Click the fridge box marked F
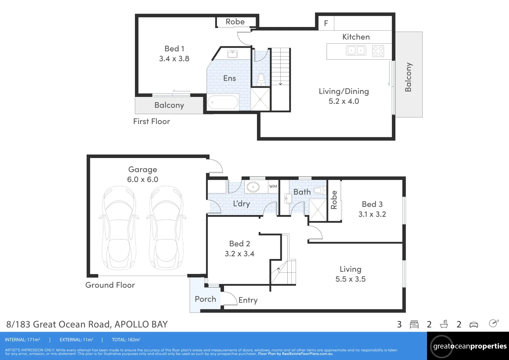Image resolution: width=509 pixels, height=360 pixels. (326, 23)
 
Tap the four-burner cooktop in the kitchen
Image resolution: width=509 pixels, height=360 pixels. (378, 51)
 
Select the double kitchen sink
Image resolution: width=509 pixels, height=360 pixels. (356, 50)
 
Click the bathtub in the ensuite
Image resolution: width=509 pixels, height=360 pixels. (223, 103)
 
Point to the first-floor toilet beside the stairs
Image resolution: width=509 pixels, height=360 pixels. (261, 79)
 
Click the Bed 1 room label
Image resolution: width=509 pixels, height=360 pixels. (174, 49)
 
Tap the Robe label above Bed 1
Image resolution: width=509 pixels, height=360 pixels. (235, 22)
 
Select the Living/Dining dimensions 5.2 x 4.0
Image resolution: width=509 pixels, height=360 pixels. (344, 101)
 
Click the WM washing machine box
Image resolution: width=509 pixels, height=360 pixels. (273, 186)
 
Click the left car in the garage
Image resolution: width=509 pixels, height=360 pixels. (119, 228)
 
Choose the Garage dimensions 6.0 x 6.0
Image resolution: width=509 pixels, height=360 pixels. (142, 179)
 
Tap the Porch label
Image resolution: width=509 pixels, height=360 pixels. (205, 299)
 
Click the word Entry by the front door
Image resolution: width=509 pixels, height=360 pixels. (248, 300)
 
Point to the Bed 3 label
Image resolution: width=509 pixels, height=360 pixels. (372, 204)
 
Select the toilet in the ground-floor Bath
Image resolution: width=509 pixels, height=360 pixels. (320, 190)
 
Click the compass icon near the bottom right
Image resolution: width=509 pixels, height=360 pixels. (494, 323)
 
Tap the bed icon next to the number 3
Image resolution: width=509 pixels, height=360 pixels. (414, 325)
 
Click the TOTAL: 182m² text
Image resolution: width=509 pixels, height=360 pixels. (126, 340)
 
